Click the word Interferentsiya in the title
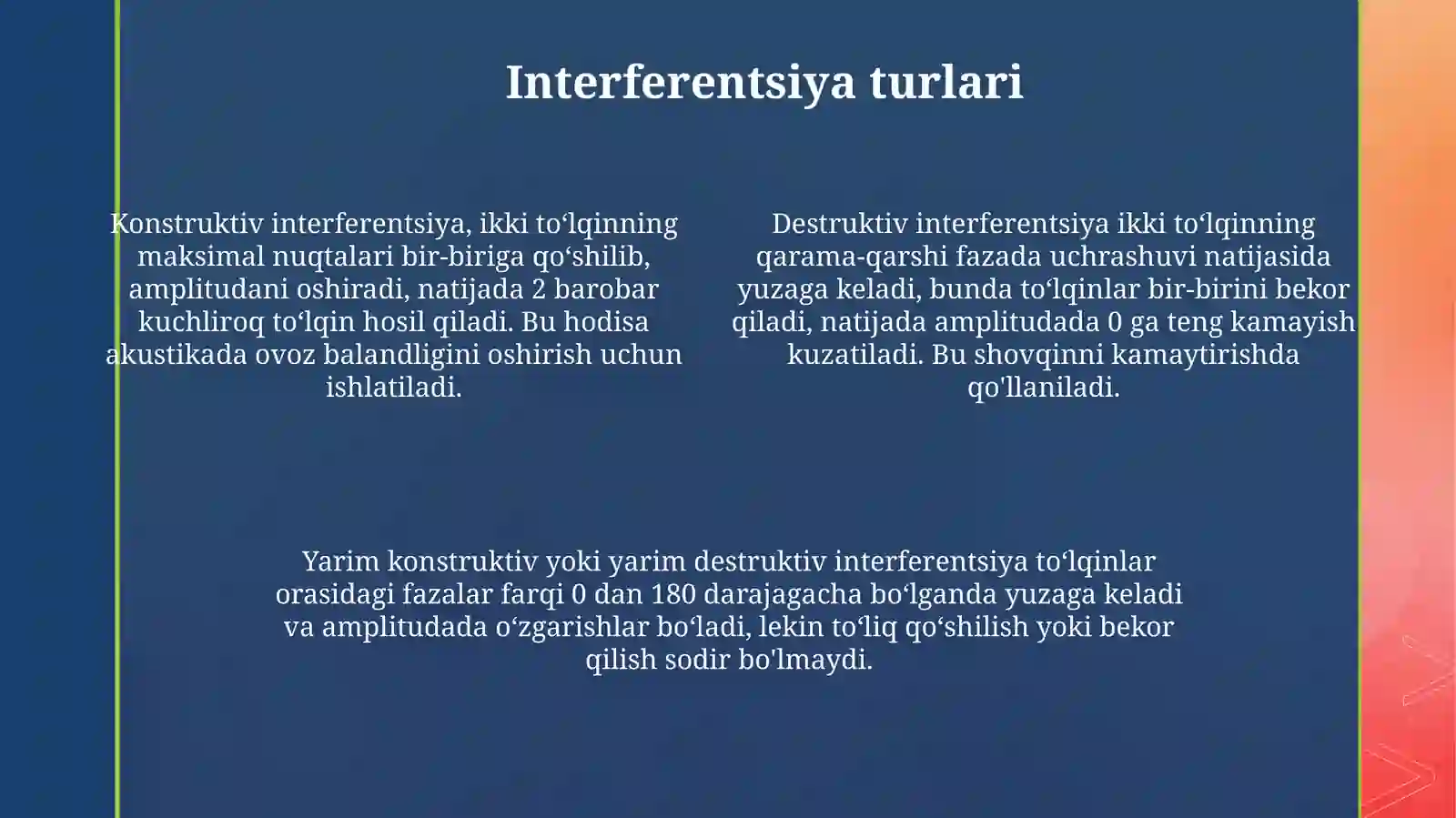[x=681, y=82]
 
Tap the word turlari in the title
[x=945, y=82]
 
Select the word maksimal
[x=200, y=257]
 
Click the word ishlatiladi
[x=393, y=388]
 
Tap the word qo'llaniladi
[x=1043, y=388]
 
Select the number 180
[x=672, y=594]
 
